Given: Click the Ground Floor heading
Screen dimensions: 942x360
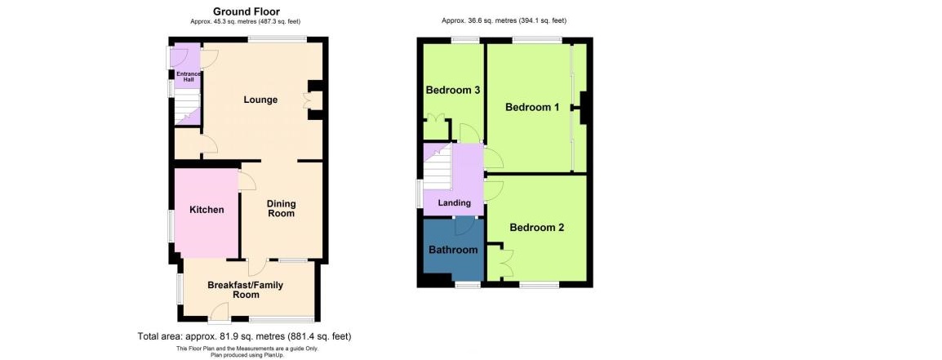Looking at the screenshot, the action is coord(247,11).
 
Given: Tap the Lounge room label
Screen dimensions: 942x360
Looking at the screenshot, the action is coord(260,100).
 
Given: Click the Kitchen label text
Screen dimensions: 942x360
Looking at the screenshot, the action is coord(207,210).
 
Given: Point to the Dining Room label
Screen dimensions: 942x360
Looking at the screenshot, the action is coord(281,208).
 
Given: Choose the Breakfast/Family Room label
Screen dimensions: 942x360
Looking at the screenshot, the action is coord(245,290).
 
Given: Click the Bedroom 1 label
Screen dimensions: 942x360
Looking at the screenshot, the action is coord(532,108).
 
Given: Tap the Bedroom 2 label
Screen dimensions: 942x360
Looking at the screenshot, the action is coord(537,228).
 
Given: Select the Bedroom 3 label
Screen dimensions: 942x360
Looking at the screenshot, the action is coord(452,91).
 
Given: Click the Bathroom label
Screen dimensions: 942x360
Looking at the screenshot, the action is coord(453,250).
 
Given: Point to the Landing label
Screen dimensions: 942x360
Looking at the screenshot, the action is coord(454,203).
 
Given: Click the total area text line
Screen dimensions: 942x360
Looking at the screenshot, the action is coord(245,336).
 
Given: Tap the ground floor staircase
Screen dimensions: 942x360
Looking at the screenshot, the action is coord(187,109).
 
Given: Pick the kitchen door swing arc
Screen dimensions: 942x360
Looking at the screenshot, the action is coord(247,181).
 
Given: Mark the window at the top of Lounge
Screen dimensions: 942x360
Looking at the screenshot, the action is coord(278,40).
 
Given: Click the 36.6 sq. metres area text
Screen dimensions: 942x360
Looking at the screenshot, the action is coord(504,20).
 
